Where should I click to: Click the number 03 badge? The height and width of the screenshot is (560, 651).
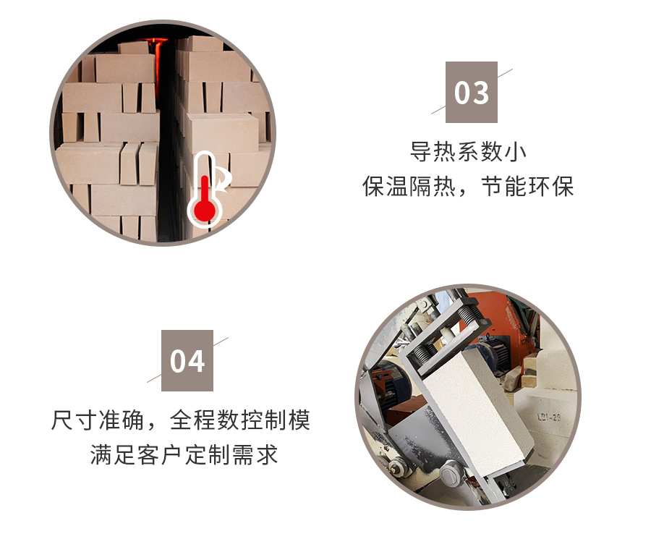pos(471,92)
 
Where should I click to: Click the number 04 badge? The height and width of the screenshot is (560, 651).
pos(187,360)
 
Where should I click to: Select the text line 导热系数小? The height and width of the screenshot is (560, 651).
pos(468,152)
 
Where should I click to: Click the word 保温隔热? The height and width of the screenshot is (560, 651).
pos(409,186)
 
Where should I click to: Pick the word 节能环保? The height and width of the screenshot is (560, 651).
pos(528,186)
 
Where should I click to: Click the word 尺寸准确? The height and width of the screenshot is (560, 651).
pos(98,420)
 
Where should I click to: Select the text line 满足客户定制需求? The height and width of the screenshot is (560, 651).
pos(184,454)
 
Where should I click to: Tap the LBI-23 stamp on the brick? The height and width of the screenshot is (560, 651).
pos(549,417)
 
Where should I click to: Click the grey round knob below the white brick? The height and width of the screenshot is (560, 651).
pos(450,475)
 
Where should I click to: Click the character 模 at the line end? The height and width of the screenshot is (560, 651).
pos(299,420)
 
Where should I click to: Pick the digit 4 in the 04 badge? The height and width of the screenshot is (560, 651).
pos(196,361)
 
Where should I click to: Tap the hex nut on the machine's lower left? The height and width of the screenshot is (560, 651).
pos(395,466)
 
